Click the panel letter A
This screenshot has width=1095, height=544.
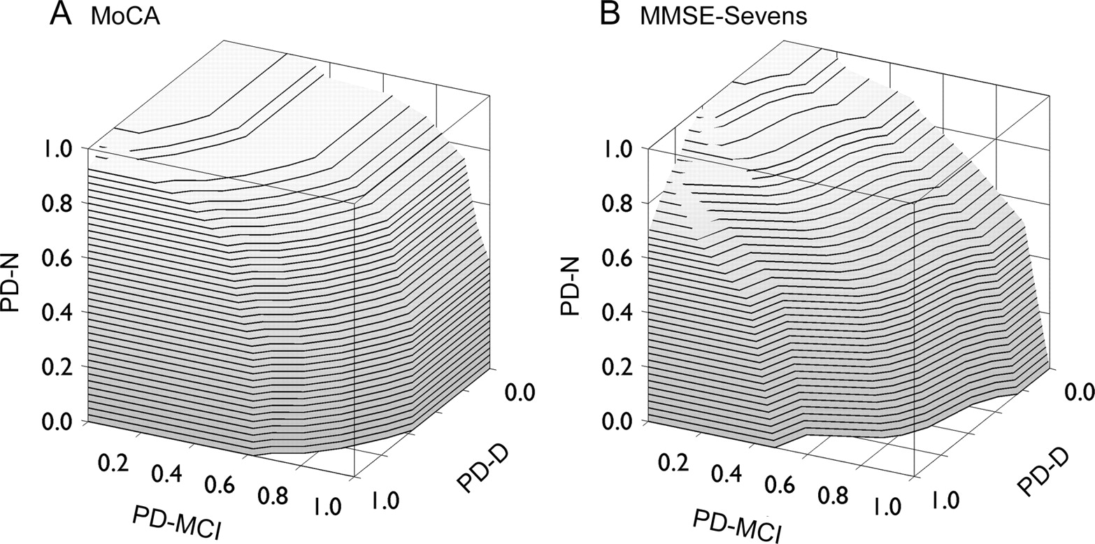pyautogui.click(x=62, y=15)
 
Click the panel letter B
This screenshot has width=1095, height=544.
pyautogui.click(x=610, y=15)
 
